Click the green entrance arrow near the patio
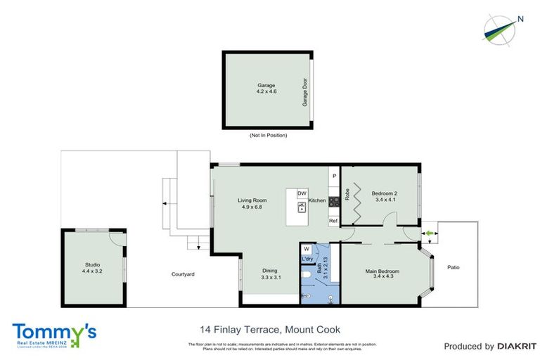pyautogui.click(x=426, y=233)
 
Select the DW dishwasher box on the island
pyautogui.click(x=302, y=193)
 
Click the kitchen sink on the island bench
pyautogui.click(x=302, y=207)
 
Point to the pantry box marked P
pyautogui.click(x=334, y=176)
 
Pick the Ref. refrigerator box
pyautogui.click(x=334, y=220)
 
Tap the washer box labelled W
pyautogui.click(x=307, y=249)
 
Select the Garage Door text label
pyautogui.click(x=305, y=92)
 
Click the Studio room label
pyautogui.click(x=94, y=268)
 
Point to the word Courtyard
pyautogui.click(x=182, y=274)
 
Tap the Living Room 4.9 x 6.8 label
pyautogui.click(x=251, y=204)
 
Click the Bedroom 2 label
pyautogui.click(x=385, y=196)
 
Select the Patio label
pyautogui.click(x=454, y=266)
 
